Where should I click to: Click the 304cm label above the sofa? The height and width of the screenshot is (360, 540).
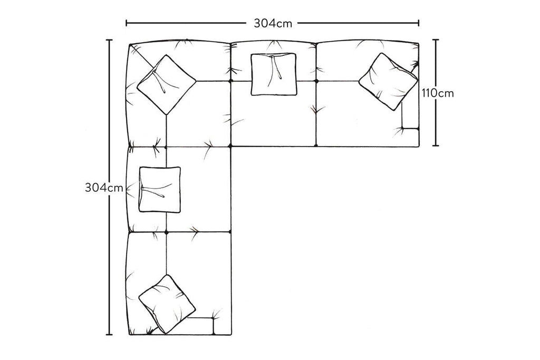(x=273, y=23)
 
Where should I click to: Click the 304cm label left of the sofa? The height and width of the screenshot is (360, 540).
(x=104, y=188)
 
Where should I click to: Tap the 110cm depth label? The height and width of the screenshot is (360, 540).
(x=438, y=93)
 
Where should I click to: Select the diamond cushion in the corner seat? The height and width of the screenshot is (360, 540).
(x=166, y=85)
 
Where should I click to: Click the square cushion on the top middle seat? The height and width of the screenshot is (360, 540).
(x=274, y=74)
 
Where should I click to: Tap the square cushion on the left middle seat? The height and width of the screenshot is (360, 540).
(x=160, y=190)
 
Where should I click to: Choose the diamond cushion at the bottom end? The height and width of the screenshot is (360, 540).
(x=167, y=304)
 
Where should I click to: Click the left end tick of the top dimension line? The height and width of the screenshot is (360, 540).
(x=127, y=23)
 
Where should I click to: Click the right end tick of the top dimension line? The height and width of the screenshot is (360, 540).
(x=418, y=23)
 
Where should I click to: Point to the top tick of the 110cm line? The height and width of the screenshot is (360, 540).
(x=436, y=40)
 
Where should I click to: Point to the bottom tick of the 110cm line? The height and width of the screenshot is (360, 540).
(x=436, y=145)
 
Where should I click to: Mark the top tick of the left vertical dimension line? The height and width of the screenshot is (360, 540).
(x=109, y=40)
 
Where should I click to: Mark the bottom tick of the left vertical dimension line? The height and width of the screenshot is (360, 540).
(x=109, y=334)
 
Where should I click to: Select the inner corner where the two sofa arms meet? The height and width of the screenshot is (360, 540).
(x=231, y=147)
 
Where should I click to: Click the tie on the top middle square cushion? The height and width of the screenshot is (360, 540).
(x=276, y=67)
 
